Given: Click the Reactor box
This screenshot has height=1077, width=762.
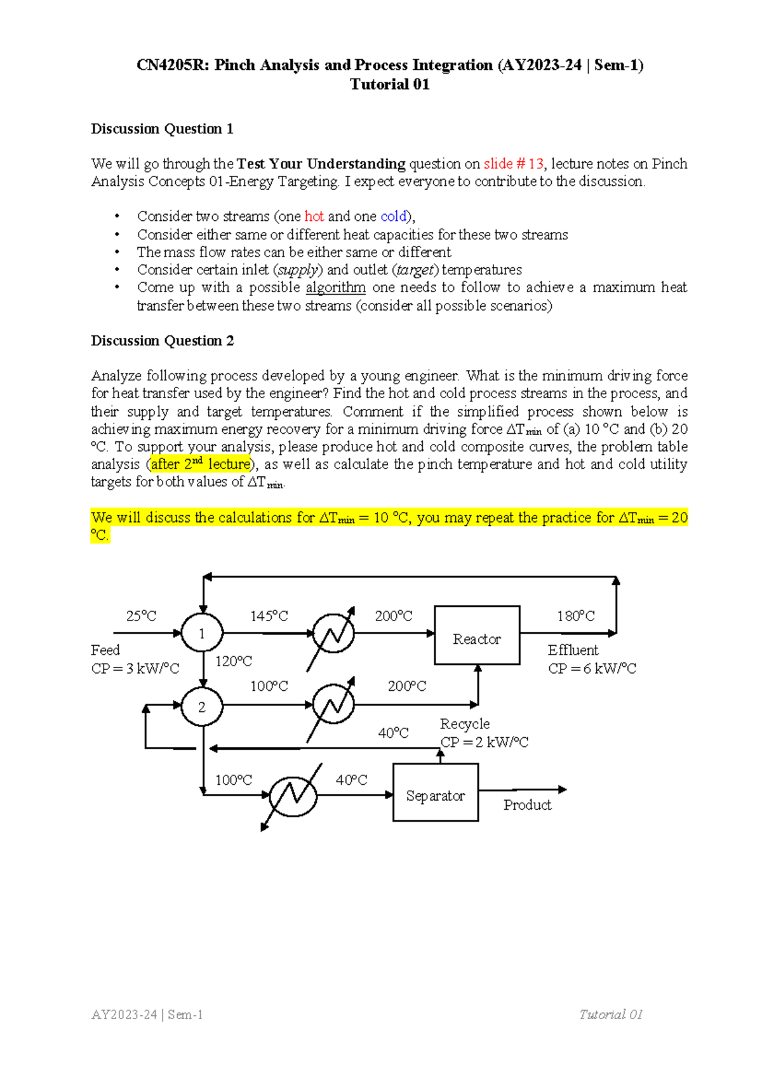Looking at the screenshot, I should (x=477, y=635).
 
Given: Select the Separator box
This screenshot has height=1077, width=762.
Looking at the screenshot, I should (x=436, y=792).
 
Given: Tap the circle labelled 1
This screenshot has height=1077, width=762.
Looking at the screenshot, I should (x=202, y=633).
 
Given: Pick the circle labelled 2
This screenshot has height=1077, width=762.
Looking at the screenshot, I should (x=202, y=707).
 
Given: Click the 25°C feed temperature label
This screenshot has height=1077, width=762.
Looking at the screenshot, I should (x=141, y=616).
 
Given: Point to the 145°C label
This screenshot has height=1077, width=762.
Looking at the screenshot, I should (x=269, y=616).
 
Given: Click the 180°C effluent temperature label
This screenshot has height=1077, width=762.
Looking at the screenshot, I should (x=576, y=616).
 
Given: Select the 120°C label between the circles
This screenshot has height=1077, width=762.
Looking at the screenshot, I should (x=234, y=662).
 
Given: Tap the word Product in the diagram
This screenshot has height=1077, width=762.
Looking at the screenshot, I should (x=527, y=805).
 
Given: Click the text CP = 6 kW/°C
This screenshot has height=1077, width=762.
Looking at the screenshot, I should (x=592, y=669).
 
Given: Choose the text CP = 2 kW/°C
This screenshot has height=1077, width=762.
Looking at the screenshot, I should (x=485, y=742).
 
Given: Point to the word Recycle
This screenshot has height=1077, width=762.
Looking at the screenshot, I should (x=465, y=724).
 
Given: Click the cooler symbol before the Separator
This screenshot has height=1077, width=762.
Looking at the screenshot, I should (x=293, y=794).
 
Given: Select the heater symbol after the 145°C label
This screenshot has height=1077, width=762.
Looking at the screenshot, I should (x=334, y=633).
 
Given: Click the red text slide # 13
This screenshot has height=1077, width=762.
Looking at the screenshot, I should (x=513, y=164).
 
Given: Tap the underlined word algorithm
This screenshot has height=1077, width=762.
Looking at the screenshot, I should (x=335, y=288).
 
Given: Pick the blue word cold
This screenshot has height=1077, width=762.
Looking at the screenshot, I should (x=393, y=217).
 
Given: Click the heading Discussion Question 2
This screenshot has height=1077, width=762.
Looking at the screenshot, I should (x=163, y=341).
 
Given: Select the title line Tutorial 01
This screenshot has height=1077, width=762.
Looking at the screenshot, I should (x=390, y=84).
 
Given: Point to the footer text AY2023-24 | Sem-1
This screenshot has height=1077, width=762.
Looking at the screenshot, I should (x=147, y=1015).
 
